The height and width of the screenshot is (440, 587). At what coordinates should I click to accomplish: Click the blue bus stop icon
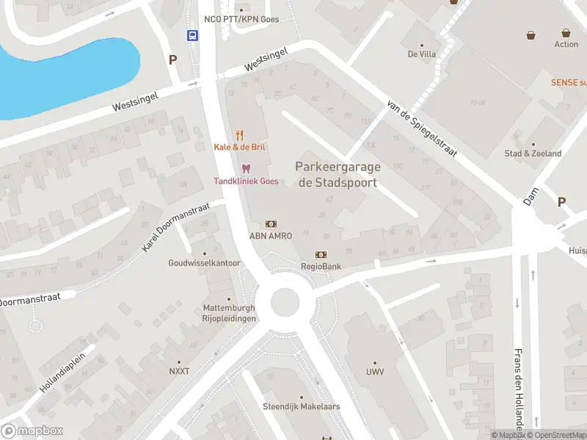tap(192, 35)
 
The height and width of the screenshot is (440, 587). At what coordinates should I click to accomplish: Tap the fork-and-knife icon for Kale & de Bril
tap(239, 134)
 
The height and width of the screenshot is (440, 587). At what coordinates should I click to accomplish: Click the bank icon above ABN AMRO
tap(271, 224)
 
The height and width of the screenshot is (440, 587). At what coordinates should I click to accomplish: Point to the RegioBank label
tap(321, 267)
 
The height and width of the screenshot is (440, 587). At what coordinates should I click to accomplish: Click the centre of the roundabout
tap(286, 301)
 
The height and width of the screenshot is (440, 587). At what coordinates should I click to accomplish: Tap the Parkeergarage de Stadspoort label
tap(337, 175)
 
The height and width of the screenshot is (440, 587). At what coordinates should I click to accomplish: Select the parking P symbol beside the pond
tap(173, 60)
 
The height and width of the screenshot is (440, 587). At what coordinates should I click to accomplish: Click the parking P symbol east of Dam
tap(562, 202)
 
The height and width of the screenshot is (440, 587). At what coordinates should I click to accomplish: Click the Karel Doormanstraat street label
tap(176, 228)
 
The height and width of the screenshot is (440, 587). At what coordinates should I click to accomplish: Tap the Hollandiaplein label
tap(63, 372)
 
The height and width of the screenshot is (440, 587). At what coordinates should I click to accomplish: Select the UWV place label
tap(374, 372)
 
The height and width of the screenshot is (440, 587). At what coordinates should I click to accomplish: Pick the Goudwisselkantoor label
tap(204, 263)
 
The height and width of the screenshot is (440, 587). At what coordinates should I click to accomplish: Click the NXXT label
tap(179, 371)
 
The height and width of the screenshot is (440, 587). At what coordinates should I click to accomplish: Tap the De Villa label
tap(423, 54)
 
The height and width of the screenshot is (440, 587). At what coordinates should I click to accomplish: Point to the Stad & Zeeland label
tap(533, 153)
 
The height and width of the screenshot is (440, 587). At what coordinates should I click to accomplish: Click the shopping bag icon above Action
tap(566, 33)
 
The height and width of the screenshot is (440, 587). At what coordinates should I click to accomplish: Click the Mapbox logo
tap(32, 430)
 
